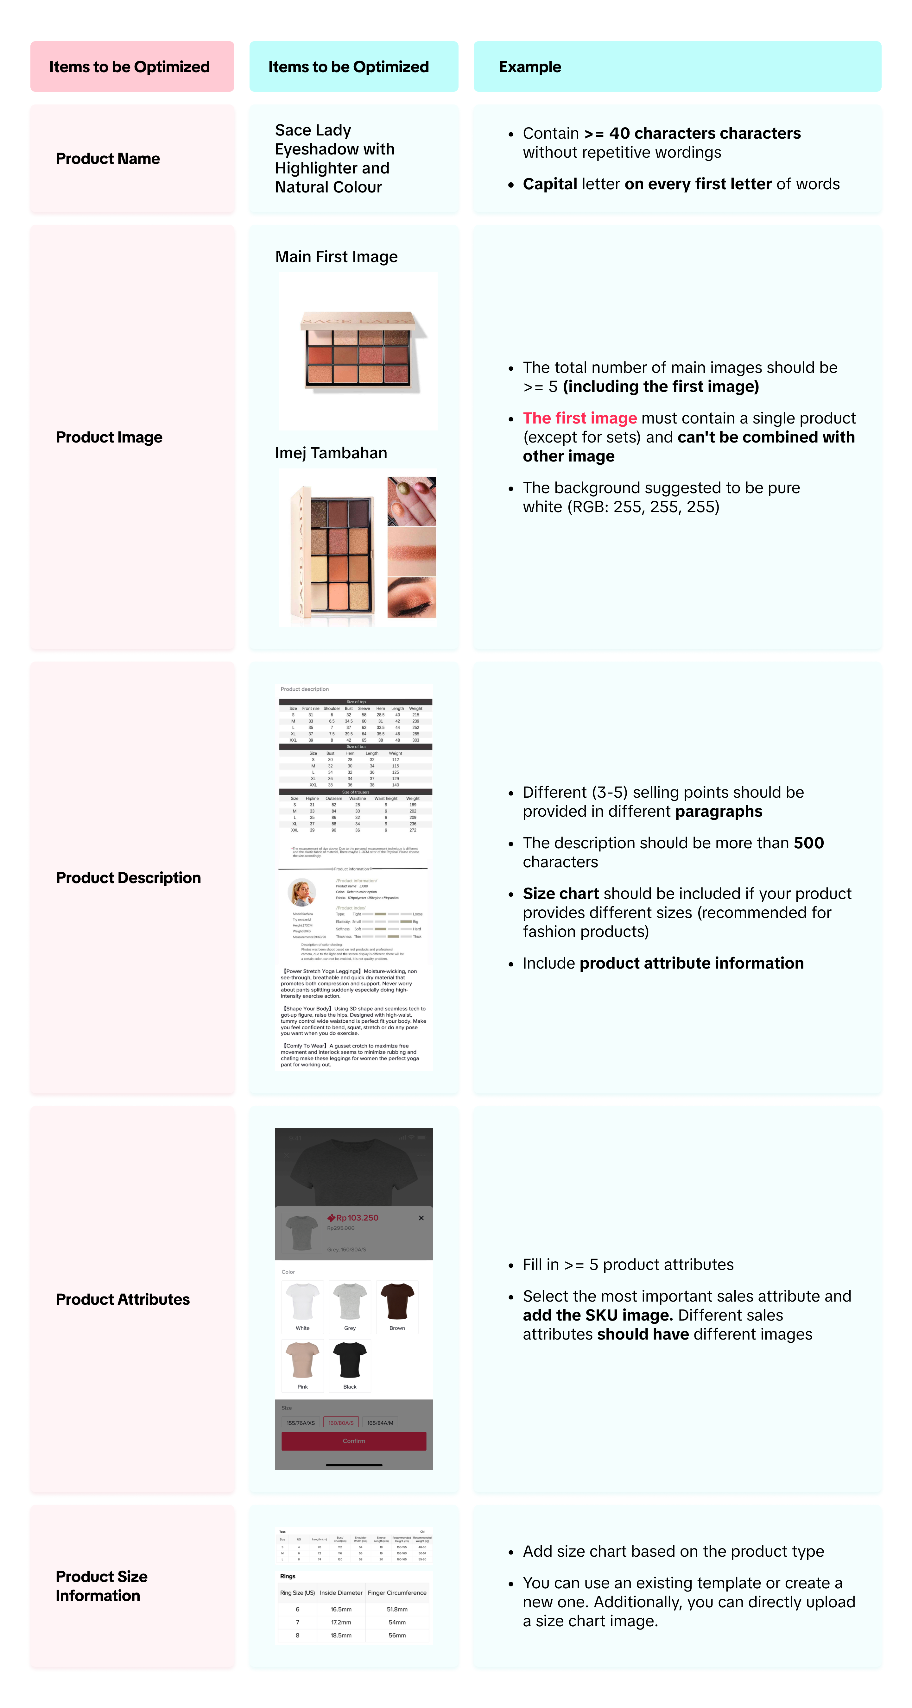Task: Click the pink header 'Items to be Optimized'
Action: pos(129,67)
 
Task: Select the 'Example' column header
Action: pos(530,67)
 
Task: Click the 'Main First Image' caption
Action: pos(336,257)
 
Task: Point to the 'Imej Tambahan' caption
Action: pos(331,453)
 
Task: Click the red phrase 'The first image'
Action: pos(580,418)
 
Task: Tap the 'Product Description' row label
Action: pos(128,878)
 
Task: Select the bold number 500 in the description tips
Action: pos(808,843)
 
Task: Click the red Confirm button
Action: pos(353,1441)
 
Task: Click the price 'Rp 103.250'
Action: pos(357,1218)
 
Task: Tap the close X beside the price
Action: pos(421,1218)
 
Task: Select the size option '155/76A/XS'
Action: pos(301,1423)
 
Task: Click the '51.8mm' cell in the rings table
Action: pos(397,1609)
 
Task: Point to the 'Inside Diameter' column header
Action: pos(341,1593)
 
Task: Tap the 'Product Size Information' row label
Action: pos(101,1586)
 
